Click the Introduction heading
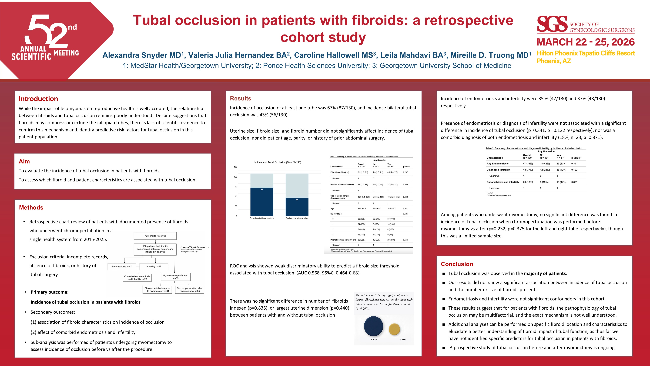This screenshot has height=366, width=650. click(38, 99)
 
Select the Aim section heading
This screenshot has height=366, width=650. click(24, 161)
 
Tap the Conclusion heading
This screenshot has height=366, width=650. click(457, 264)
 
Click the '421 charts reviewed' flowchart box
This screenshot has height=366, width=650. click(155, 236)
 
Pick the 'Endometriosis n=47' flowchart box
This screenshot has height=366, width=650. click(122, 267)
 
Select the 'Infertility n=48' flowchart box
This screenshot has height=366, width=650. click(154, 267)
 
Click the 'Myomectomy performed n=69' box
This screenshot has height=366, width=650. click(175, 277)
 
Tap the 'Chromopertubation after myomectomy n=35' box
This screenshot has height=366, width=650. click(190, 290)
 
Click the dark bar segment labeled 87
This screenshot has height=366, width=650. click(262, 202)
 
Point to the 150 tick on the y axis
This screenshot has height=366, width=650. click(235, 167)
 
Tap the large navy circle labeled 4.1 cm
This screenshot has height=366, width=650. click(373, 326)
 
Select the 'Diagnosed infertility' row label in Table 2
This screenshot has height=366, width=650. click(498, 170)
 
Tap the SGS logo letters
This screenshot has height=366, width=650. click(552, 24)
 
